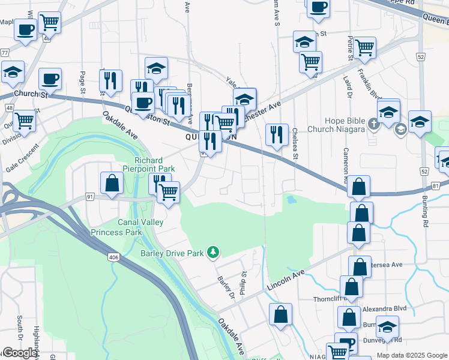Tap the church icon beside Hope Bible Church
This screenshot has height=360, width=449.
(374, 125)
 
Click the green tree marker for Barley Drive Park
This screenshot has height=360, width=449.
(212, 253)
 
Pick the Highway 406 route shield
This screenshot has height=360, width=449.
(113, 257)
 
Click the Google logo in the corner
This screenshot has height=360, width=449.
(19, 353)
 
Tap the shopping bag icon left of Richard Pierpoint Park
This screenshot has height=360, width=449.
(112, 184)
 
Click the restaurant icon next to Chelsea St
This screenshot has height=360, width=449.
(277, 135)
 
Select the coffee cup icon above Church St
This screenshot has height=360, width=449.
(50, 79)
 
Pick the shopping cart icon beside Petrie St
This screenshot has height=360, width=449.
(364, 49)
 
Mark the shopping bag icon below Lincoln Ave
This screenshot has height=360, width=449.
(280, 314)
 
